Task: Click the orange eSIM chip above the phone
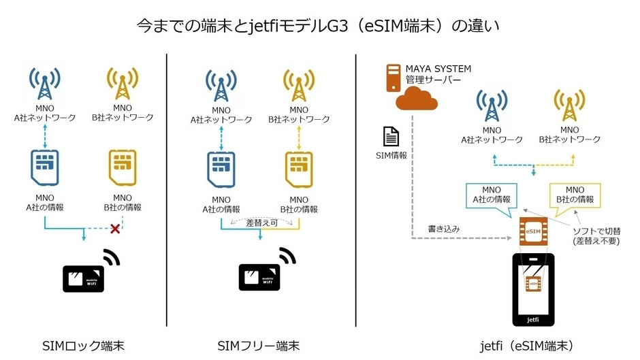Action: click(x=533, y=231)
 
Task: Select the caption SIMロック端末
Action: click(x=83, y=346)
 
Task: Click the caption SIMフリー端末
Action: click(x=259, y=346)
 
